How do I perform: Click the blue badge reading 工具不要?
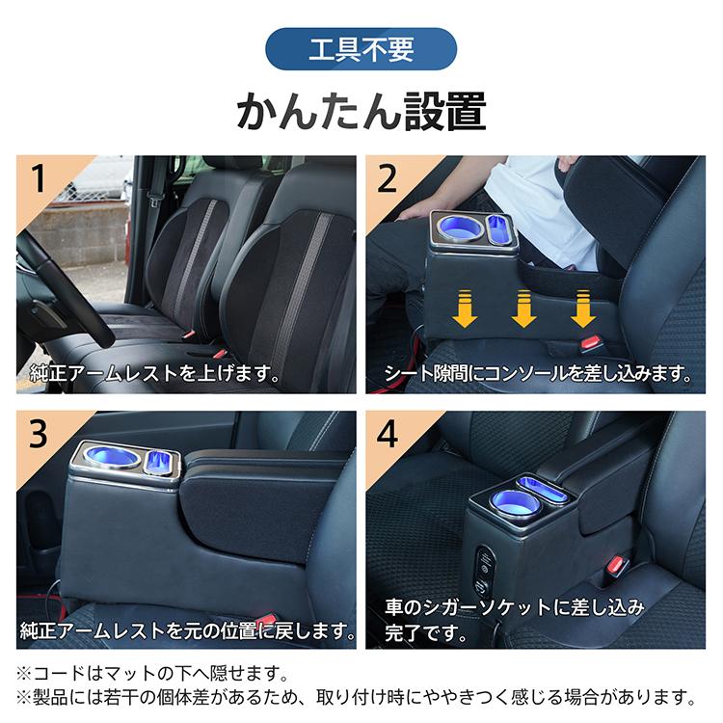coord(361,49)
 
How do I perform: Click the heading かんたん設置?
coord(361,111)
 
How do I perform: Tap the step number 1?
coord(39,178)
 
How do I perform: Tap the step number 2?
coord(387,178)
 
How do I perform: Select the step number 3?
coord(39,434)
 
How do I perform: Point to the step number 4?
coord(388,434)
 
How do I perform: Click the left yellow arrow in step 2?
coord(465,308)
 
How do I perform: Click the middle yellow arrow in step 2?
coord(523,308)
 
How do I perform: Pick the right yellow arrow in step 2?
coord(583,308)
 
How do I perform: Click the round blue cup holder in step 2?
coord(458,227)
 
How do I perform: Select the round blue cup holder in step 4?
coord(510,502)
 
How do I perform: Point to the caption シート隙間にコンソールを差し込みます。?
coord(538,373)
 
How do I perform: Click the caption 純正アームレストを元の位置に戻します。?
coord(188,630)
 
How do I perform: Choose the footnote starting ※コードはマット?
coord(152,674)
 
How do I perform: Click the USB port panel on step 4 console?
coord(485,571)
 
